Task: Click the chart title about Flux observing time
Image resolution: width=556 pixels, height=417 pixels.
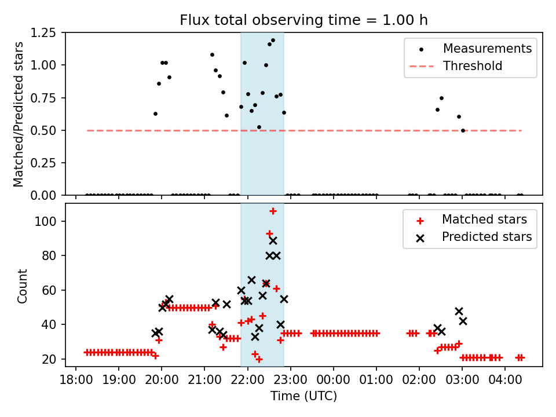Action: point(303,20)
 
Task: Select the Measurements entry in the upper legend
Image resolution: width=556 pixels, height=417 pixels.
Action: point(487,49)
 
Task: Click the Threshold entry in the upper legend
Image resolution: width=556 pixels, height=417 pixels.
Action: point(473,66)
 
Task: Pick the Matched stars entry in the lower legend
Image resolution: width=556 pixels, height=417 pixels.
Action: point(484,220)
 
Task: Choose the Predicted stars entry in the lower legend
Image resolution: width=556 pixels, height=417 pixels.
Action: point(487,237)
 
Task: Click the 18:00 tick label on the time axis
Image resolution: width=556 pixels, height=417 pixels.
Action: point(76,381)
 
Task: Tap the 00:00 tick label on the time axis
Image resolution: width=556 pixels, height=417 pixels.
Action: point(334,381)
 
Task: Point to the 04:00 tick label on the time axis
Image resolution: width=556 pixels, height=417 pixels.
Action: point(505,381)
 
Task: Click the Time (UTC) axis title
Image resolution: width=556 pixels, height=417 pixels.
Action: point(303,397)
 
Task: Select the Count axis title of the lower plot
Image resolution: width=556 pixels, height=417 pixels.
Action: point(23,286)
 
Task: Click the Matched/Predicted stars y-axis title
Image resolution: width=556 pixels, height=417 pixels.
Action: point(19,114)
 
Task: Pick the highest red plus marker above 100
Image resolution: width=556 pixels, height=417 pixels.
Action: point(273,211)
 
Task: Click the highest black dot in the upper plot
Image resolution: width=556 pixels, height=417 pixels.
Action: point(273,41)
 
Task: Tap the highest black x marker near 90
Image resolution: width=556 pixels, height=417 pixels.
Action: point(273,240)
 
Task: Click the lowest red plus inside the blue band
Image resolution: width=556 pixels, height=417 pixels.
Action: point(259,359)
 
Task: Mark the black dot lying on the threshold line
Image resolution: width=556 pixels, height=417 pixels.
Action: point(463,130)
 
